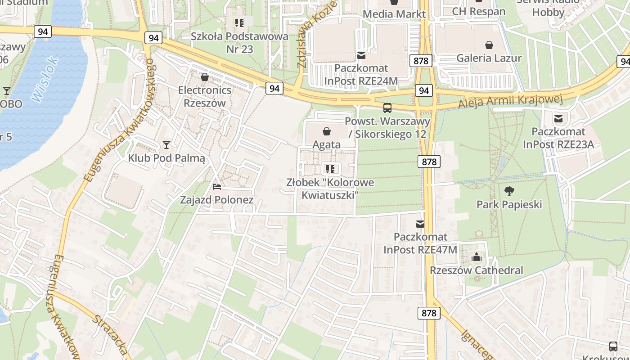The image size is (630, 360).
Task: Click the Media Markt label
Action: (394, 14)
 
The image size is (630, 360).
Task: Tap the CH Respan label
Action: (478, 11)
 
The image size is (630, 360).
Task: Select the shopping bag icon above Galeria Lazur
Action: (489, 45)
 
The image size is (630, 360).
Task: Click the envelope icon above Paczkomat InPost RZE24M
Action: (361, 55)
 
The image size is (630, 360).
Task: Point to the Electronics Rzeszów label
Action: (205, 96)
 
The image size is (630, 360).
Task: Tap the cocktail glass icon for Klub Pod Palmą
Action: (166, 145)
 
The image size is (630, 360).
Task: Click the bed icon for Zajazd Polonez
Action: (217, 187)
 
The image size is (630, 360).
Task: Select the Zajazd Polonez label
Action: (217, 200)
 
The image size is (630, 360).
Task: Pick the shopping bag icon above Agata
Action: (327, 131)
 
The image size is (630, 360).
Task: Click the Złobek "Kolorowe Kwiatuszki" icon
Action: (330, 169)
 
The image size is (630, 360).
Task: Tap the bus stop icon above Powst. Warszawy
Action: (387, 108)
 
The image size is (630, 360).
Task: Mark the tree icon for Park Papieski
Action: (509, 191)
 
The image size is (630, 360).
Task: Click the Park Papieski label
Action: (509, 205)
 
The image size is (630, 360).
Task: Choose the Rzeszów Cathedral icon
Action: (476, 257)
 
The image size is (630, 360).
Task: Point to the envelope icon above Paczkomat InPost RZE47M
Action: (420, 224)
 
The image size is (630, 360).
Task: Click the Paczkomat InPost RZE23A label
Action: (558, 138)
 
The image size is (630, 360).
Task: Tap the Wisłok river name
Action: (45, 78)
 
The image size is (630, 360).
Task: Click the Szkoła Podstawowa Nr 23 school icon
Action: (239, 22)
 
